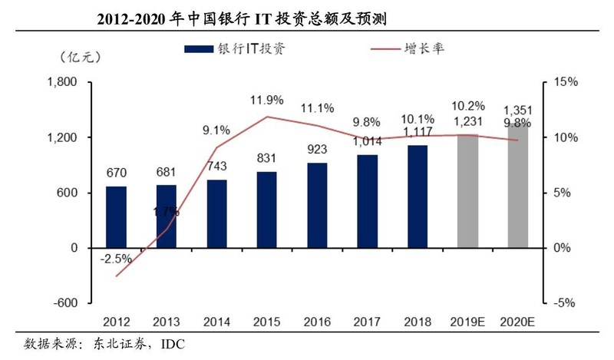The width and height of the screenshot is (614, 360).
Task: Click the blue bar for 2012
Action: point(116,216)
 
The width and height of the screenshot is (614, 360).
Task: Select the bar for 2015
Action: point(266,210)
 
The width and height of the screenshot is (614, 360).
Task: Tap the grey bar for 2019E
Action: point(467,191)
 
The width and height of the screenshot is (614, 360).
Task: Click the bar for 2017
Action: point(367,201)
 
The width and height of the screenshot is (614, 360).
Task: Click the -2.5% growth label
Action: point(116,258)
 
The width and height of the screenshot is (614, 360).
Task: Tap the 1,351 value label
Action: point(517,110)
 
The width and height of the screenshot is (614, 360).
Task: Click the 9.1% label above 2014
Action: point(216,130)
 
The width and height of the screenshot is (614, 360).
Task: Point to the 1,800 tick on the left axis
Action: point(63,82)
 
